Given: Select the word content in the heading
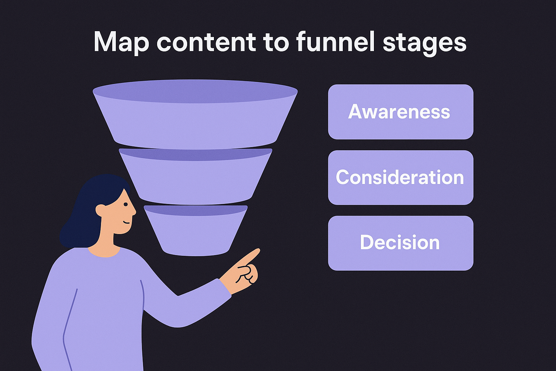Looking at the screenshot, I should (x=206, y=42).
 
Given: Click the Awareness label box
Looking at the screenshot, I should (x=400, y=112).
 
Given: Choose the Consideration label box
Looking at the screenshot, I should (x=400, y=178).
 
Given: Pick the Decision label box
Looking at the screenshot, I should (x=400, y=243).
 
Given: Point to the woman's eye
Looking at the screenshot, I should (x=125, y=205).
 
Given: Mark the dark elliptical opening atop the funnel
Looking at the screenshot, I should (x=195, y=91).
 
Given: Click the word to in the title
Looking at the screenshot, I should (x=275, y=42).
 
